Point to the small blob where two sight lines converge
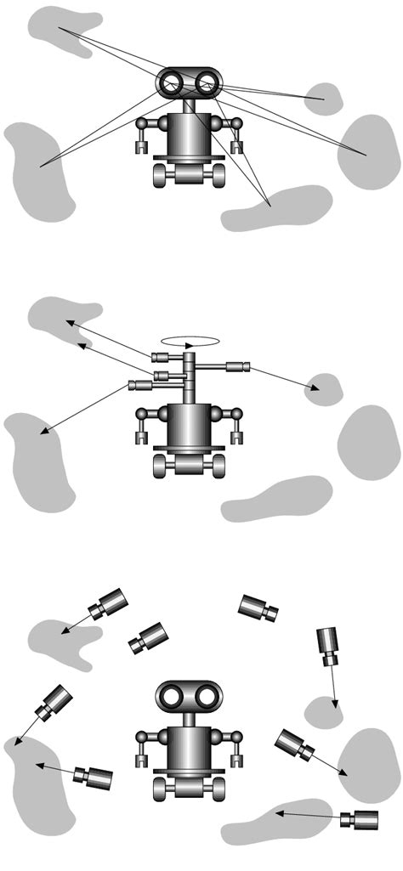(x=323, y=99)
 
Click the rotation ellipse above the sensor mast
(x=192, y=342)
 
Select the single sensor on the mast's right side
(x=236, y=367)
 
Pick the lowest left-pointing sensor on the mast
(x=139, y=385)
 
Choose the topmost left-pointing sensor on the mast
(x=163, y=357)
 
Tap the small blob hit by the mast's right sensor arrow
(x=324, y=388)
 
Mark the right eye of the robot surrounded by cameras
(x=206, y=698)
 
